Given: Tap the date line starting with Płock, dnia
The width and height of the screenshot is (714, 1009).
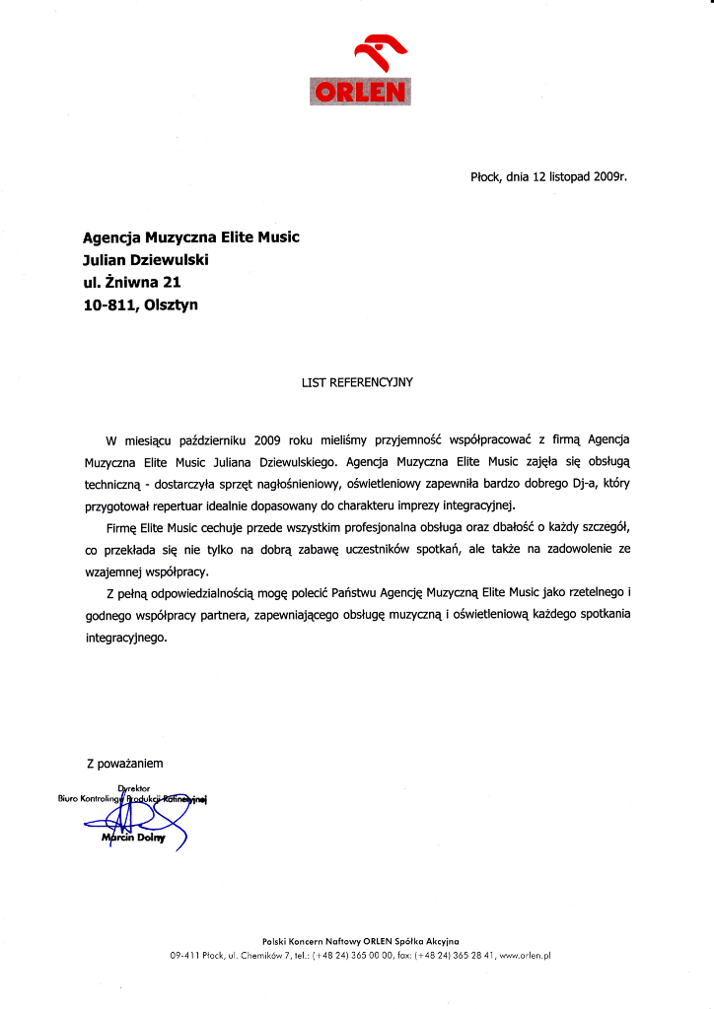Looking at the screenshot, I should coord(548,177).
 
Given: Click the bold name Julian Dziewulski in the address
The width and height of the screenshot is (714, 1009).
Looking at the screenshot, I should coord(147,260).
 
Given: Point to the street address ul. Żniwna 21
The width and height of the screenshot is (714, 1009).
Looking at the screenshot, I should coord(132,283).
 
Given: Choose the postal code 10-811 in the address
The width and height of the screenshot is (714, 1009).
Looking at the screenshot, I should coord(110,305).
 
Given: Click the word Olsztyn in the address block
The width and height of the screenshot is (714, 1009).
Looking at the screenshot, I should coord(171,305).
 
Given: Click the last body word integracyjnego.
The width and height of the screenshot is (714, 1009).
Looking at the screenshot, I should coord(127,638).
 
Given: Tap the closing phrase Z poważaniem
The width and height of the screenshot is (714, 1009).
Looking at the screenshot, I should coord(124,763).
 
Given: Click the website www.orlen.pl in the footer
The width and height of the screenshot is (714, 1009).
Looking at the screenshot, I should coord(524,955).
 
